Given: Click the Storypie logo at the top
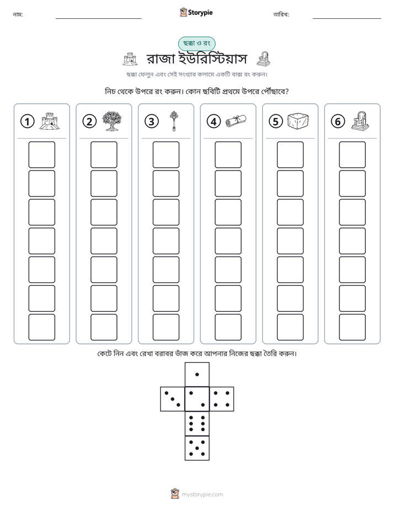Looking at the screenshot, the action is (x=196, y=12).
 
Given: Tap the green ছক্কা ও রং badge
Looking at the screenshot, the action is (x=196, y=44).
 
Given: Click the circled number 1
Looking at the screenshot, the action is (x=27, y=121).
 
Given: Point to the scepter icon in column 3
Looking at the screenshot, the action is (x=174, y=121).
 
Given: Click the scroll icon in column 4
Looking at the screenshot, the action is (x=236, y=121).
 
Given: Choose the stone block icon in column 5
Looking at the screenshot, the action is (x=298, y=120).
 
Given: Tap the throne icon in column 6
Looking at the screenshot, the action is (x=360, y=121).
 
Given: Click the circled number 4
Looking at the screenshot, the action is (x=214, y=121).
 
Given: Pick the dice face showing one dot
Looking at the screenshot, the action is (x=197, y=374).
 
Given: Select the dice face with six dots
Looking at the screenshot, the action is (x=197, y=423).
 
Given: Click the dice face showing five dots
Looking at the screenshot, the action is (x=197, y=448).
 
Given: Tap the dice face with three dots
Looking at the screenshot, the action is (x=173, y=399).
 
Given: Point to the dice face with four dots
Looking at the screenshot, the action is (x=222, y=399).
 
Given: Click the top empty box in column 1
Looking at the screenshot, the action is (x=41, y=155).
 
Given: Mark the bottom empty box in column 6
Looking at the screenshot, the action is (x=353, y=327).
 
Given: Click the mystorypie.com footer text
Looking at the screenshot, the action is (x=202, y=495).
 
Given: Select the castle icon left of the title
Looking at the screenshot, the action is (x=130, y=59).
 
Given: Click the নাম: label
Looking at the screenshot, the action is (x=18, y=14).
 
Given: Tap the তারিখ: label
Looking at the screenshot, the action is (x=281, y=14).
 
